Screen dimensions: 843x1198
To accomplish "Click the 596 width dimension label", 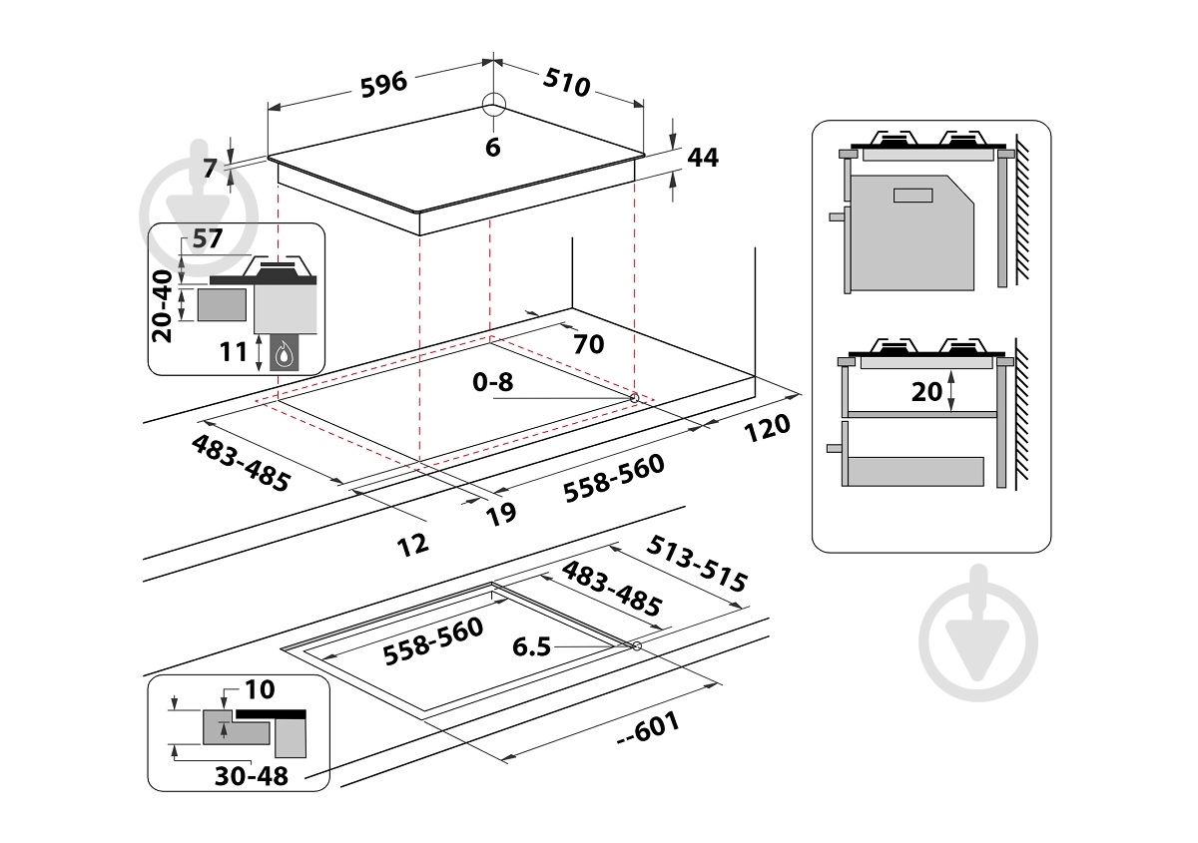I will coord(384,83).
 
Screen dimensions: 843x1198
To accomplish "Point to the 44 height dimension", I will coord(703,157).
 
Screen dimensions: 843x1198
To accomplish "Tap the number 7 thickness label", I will coord(210,168).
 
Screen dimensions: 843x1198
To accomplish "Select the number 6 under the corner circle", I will coord(492,148).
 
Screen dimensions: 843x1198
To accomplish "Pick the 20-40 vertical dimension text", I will coord(163,299).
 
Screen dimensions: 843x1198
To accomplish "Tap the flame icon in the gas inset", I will coord(286,352).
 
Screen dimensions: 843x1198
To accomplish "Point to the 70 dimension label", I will coord(589,344).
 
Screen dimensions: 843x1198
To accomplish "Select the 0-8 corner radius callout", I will coord(493,382).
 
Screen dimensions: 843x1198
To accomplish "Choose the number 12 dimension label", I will coord(412,543).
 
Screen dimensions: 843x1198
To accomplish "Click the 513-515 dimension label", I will coord(697,565).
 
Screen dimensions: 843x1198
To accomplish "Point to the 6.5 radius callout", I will coord(532,647).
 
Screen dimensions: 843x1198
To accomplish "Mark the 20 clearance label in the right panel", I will coord(927,391).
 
